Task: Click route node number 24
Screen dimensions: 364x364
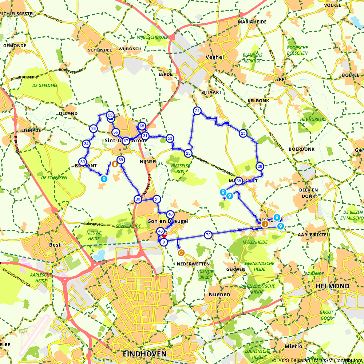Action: [197, 111]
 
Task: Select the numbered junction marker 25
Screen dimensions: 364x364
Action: [243, 134]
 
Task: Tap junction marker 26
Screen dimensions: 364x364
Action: [260, 167]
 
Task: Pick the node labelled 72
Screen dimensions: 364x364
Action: [208, 235]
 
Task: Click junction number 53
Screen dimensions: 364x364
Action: [170, 138]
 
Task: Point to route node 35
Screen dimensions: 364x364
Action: [83, 162]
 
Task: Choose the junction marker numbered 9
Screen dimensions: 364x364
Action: [164, 242]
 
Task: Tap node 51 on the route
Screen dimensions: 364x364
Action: [157, 199]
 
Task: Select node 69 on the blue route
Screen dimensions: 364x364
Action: [121, 160]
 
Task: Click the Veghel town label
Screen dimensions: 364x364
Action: [215, 57]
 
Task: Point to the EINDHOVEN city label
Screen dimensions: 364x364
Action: [145, 354]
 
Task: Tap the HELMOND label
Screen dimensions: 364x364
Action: [332, 286]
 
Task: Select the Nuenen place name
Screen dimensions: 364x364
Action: [219, 294]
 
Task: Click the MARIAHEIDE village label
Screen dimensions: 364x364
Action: [252, 22]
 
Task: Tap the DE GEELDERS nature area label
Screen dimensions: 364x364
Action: [45, 86]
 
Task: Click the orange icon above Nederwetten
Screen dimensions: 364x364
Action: [181, 253]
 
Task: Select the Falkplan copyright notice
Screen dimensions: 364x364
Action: [317, 360]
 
